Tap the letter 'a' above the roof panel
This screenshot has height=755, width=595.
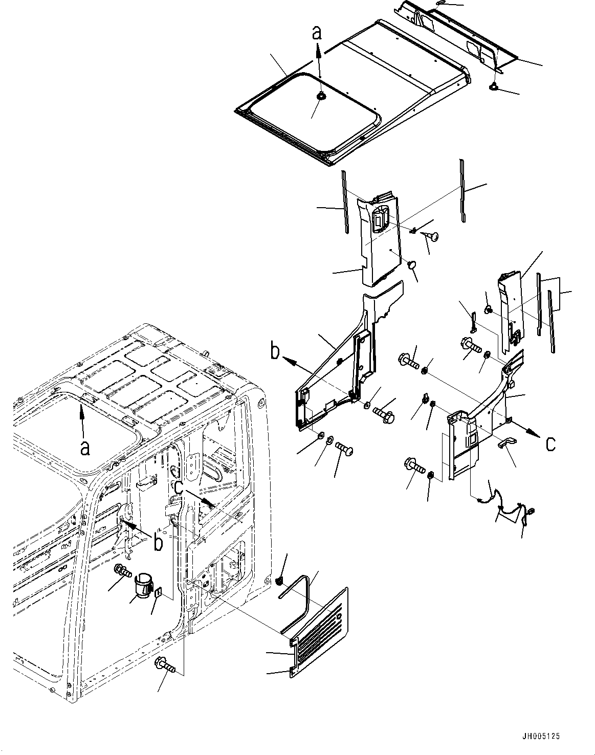click(318, 33)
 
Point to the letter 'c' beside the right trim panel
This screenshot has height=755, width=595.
click(550, 443)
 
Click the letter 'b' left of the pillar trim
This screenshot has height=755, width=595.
click(275, 352)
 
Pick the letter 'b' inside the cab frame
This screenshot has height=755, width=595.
click(159, 542)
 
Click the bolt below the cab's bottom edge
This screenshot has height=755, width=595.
click(167, 665)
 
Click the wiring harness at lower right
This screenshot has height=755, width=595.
click(504, 504)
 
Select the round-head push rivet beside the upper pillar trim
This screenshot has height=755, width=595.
click(430, 236)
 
